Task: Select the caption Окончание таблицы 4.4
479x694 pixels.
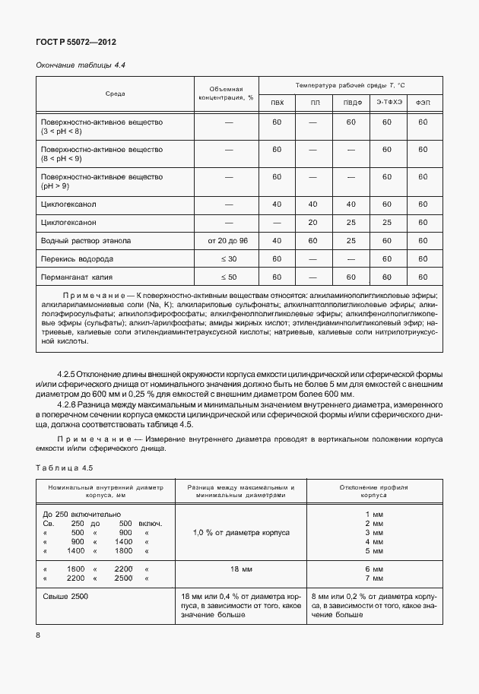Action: [x=81, y=65]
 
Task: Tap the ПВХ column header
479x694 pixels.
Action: [x=277, y=103]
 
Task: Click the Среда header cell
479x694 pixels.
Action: [x=116, y=94]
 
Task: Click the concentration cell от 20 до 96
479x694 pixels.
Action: [x=227, y=241]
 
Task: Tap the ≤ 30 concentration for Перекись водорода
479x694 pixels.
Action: [x=227, y=259]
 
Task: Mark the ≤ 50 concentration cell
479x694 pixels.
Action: [x=227, y=277]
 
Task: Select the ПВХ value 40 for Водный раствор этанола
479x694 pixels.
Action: [x=277, y=241]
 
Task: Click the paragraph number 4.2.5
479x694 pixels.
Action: [x=71, y=375]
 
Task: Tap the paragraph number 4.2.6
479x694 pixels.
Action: [x=71, y=406]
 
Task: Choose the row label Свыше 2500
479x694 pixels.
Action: [x=66, y=596]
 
